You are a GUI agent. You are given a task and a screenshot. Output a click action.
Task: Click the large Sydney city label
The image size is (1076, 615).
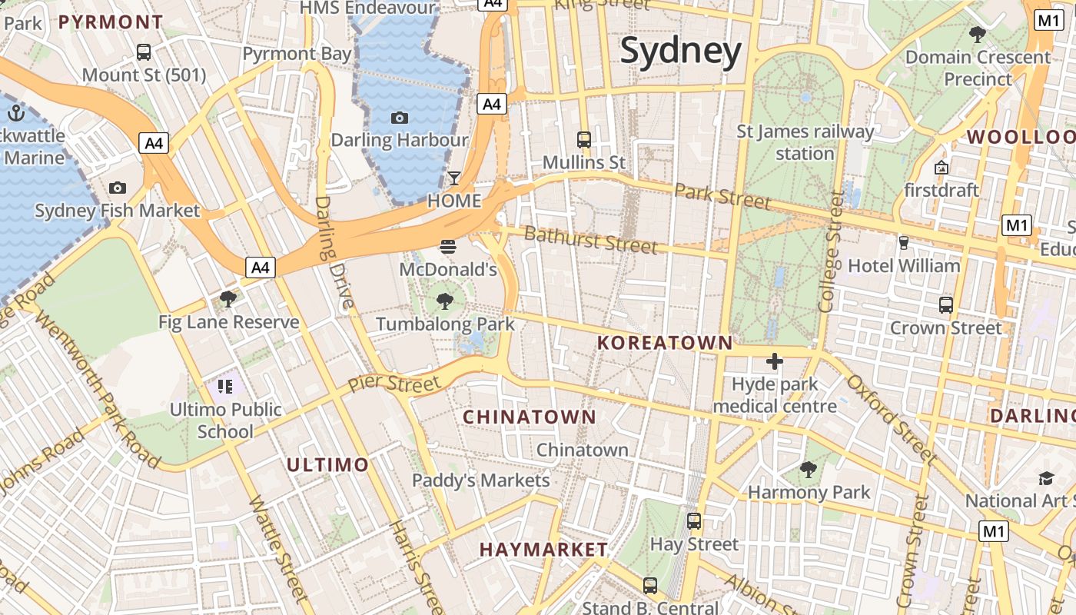coord(681,51)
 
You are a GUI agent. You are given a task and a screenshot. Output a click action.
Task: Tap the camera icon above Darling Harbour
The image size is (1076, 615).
coord(399,118)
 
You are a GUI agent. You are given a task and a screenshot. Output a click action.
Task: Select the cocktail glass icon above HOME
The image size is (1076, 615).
coord(454,178)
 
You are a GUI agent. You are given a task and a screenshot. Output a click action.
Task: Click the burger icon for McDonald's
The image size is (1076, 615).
coord(448,247)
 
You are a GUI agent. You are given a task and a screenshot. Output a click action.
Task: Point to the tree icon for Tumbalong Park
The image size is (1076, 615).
coord(444,301)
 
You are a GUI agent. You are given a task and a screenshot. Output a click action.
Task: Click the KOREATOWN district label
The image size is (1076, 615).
coord(665,343)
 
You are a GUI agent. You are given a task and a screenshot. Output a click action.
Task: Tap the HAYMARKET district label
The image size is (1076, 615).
coord(543,550)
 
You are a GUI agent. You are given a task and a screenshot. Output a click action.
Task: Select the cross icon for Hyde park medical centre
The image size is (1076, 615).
coord(774,361)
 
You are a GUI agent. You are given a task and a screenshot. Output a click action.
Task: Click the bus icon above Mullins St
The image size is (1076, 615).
coord(584,140)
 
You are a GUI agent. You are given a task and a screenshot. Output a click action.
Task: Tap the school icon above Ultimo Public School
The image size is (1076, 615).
coord(225,386)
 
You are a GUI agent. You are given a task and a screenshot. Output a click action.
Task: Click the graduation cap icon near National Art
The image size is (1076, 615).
coord(1046,478)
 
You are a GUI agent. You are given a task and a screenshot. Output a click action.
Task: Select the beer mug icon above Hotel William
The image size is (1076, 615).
coord(903,243)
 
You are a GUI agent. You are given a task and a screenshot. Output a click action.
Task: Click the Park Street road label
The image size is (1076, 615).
coord(722,196)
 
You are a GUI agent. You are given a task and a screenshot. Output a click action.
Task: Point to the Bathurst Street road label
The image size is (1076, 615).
coord(590,240)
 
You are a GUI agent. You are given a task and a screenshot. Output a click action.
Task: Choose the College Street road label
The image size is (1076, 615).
coord(831,251)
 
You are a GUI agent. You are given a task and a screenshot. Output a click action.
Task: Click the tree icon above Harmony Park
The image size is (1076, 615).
coord(808,469)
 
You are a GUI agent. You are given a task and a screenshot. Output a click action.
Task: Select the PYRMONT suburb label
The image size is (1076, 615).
coord(111,22)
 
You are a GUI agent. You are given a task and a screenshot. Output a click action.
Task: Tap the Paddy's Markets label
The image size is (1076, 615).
coord(481,480)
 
